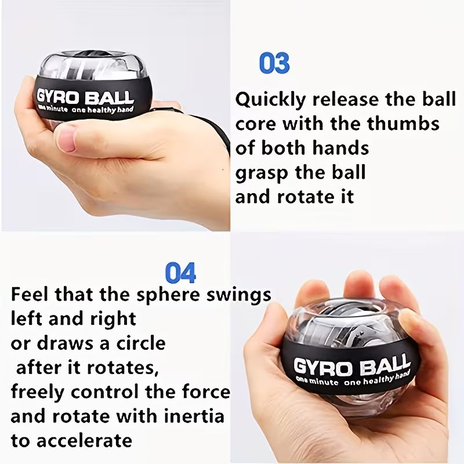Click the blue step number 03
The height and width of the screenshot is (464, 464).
tap(274, 63)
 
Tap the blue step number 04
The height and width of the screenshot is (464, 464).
tap(180, 273)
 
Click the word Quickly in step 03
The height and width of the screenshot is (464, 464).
tap(270, 100)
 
